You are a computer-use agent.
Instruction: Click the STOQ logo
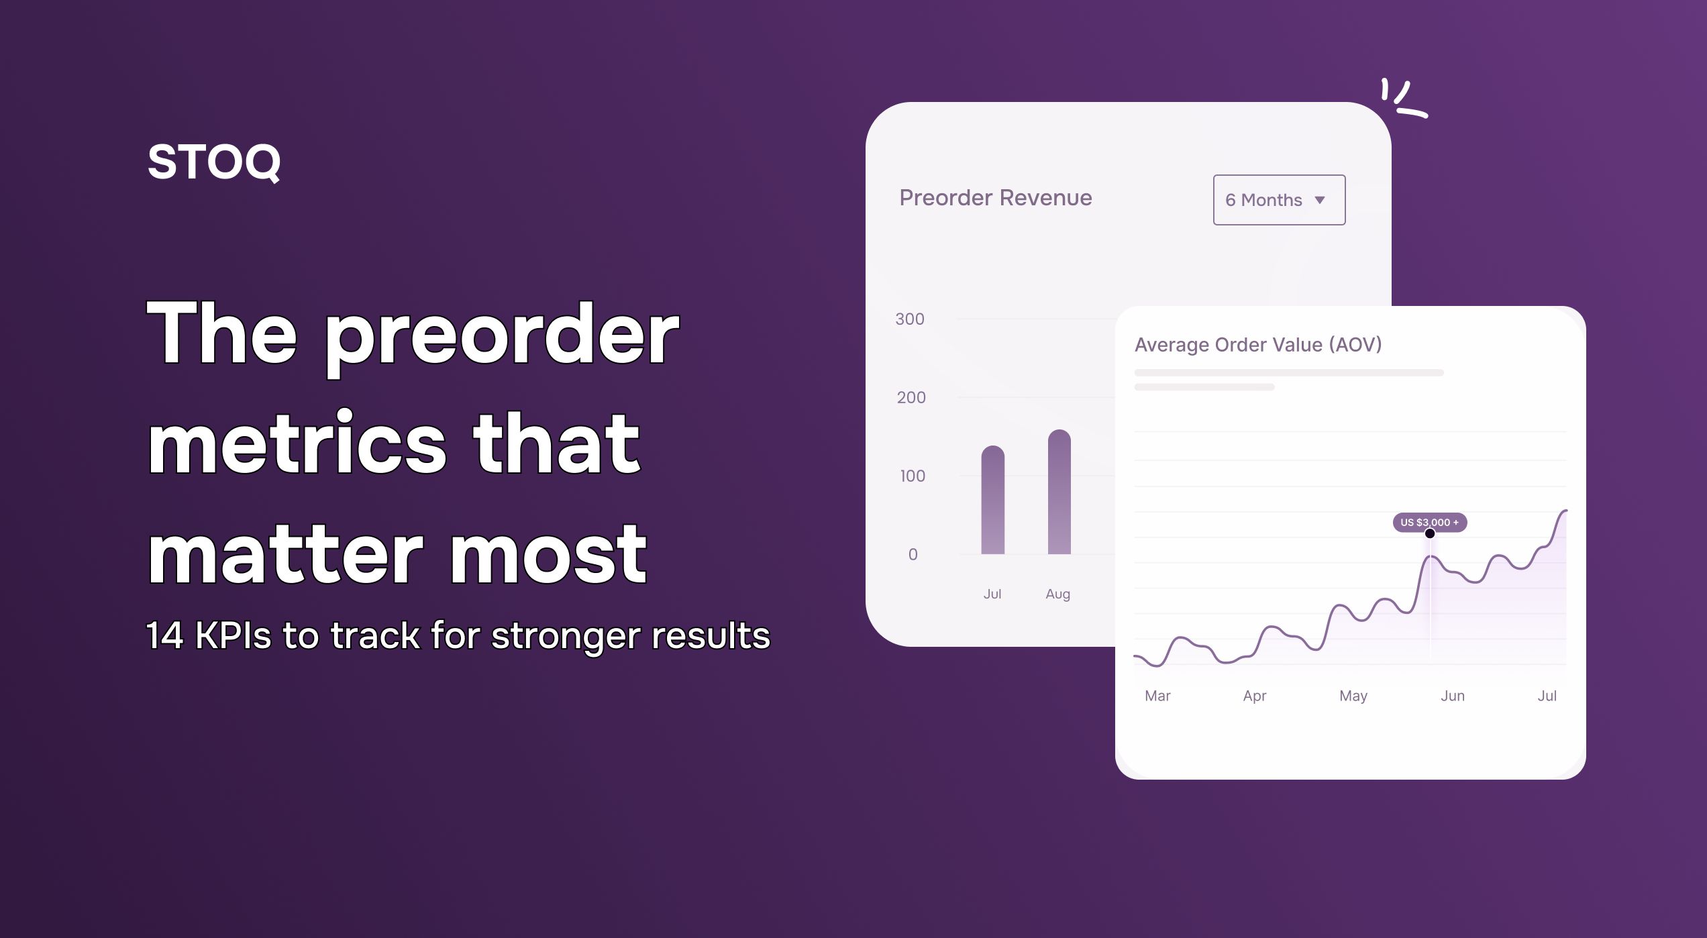213,162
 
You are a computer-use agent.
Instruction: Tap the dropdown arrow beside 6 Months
1320,200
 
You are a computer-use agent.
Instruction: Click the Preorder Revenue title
995,198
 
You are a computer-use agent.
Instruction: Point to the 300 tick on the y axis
909,319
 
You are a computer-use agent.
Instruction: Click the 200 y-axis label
911,398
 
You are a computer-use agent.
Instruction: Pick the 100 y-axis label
912,476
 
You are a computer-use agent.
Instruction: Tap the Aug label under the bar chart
1057,594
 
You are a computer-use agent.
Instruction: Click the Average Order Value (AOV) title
1257,345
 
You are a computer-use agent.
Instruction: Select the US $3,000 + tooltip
1429,522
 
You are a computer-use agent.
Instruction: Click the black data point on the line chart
1430,534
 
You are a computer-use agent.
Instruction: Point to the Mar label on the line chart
1157,696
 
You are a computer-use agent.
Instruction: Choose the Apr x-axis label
1254,696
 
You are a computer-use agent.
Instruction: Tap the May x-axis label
1353,696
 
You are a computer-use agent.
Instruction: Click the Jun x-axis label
1452,696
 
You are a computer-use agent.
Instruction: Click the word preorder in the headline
502,335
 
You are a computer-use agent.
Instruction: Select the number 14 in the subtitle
164,635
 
